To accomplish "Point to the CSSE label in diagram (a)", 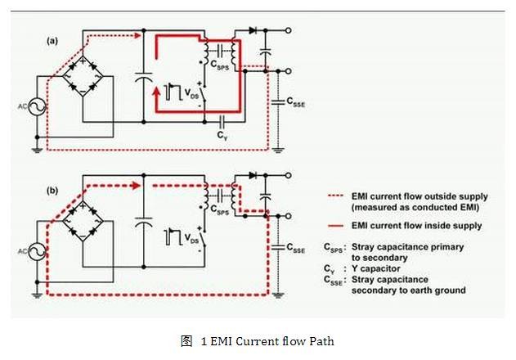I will [x=295, y=101].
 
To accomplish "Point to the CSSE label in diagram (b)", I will [x=295, y=246].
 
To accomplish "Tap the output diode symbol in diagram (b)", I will [x=254, y=175].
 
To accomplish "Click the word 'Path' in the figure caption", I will [x=320, y=340].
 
